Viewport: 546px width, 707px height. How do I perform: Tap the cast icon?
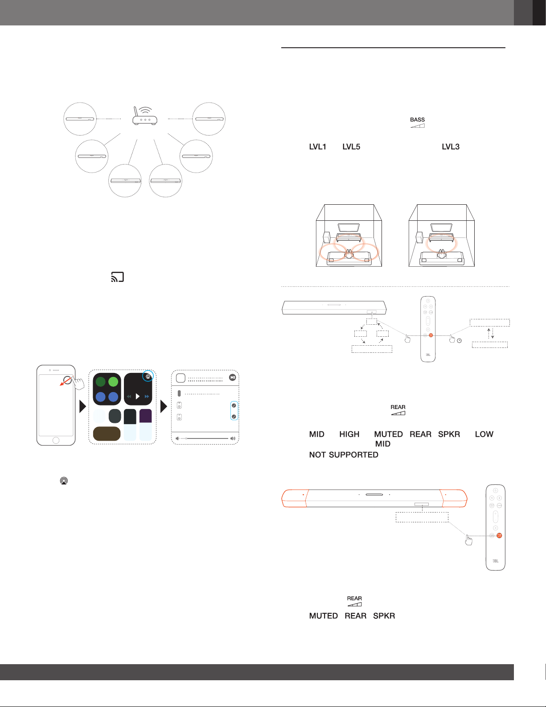click(117, 277)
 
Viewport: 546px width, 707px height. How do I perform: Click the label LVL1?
click(317, 147)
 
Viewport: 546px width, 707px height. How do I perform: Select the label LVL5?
click(351, 147)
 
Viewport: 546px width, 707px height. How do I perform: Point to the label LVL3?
click(451, 147)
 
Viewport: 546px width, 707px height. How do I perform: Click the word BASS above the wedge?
click(417, 120)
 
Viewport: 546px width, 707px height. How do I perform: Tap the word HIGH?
click(349, 434)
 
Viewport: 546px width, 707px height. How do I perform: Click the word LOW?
click(484, 434)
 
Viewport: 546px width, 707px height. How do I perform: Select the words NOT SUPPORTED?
click(344, 455)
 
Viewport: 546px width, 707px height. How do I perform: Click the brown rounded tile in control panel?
click(107, 434)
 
